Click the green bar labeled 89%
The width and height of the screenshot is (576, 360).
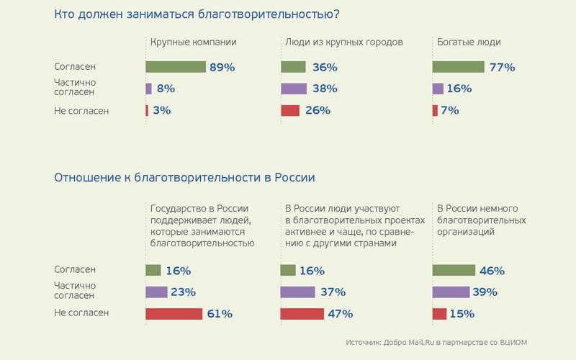tap(176, 67)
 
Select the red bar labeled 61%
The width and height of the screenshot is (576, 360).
tap(174, 313)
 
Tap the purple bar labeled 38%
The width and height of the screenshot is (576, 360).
tap(293, 89)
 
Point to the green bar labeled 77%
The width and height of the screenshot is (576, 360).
tap(458, 67)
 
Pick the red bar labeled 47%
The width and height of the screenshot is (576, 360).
tap(302, 313)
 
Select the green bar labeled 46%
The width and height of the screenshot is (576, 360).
tap(454, 270)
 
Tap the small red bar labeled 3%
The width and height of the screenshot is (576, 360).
tap(147, 110)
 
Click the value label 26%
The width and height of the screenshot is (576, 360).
tap(318, 110)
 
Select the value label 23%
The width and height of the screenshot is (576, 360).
tap(182, 292)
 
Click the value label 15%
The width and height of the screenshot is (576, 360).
tap(462, 313)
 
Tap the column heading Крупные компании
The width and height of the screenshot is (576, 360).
tap(194, 42)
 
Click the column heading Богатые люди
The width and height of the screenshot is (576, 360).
tap(469, 42)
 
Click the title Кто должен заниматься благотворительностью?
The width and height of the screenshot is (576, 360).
tap(197, 14)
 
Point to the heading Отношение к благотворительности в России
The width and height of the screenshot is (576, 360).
tap(184, 177)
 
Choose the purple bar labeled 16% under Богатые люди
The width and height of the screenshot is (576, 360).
tap(438, 89)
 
